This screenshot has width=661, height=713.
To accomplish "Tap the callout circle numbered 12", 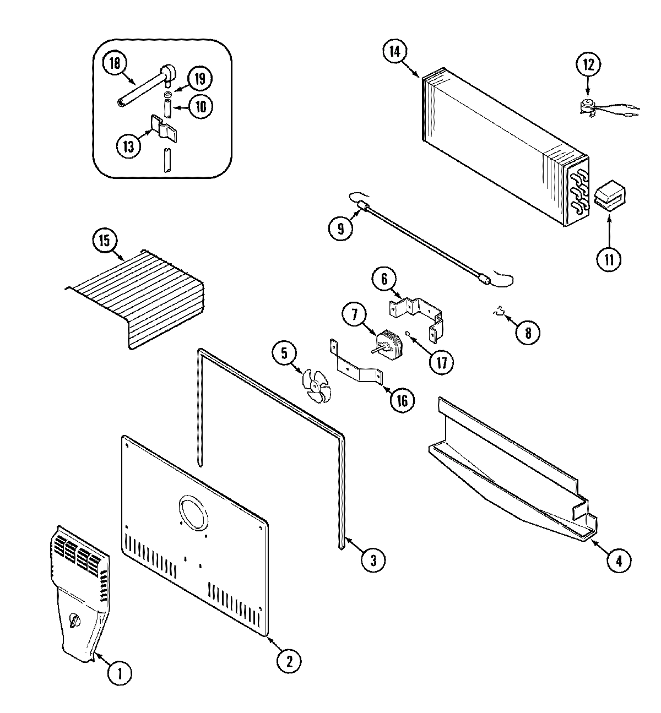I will coord(588,64).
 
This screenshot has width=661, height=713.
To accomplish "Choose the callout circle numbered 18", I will coord(115,63).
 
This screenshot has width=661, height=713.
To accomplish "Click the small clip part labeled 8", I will coord(500,314).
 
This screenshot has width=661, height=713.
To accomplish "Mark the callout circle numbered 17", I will coord(442,363).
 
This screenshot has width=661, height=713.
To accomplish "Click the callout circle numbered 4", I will coord(619,561).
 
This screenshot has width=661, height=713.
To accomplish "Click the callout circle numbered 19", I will coord(199,79).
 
